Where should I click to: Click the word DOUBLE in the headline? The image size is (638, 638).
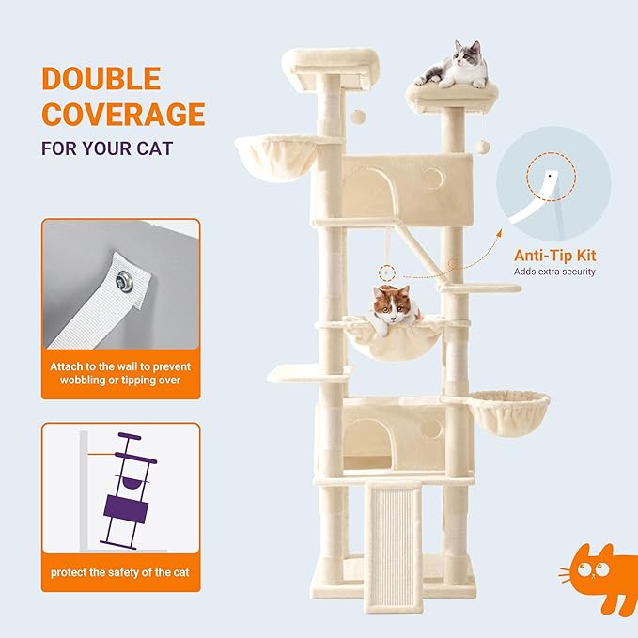[101, 79]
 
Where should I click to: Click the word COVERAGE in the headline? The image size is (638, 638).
[122, 114]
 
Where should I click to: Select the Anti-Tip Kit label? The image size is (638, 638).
[554, 255]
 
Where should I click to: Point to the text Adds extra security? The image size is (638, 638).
[554, 272]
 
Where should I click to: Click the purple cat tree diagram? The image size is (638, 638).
[126, 493]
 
